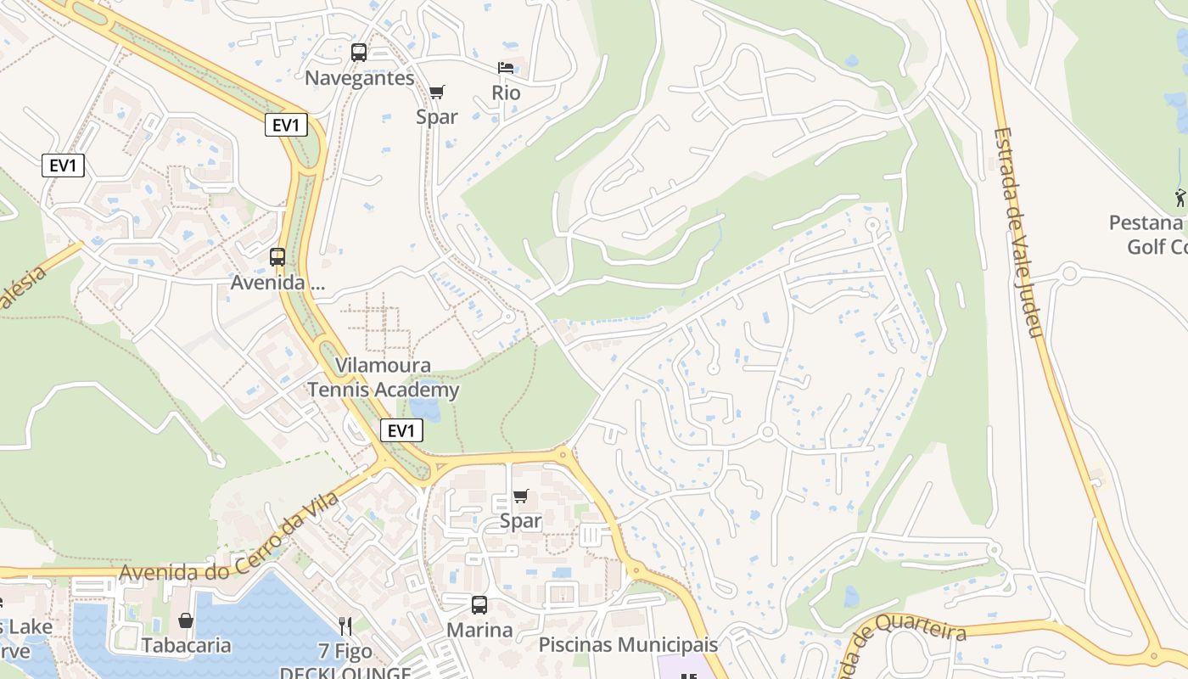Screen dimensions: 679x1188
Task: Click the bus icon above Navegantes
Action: click(x=359, y=53)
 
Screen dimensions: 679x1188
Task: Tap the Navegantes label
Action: click(x=360, y=78)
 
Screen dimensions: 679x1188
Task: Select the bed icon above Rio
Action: click(x=506, y=68)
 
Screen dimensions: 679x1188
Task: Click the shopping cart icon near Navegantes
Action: click(x=437, y=92)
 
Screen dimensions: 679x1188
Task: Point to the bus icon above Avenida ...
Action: click(x=277, y=256)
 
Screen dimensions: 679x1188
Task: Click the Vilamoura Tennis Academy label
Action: click(x=383, y=378)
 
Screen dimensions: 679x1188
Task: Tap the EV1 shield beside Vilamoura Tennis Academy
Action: click(x=401, y=430)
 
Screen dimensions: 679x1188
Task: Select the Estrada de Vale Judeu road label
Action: click(x=1018, y=232)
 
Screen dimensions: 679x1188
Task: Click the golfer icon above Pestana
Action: click(x=1180, y=198)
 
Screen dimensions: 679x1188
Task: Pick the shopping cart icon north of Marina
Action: click(x=521, y=496)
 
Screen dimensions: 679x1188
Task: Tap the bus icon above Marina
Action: click(x=479, y=605)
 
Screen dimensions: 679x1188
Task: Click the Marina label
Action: click(x=479, y=631)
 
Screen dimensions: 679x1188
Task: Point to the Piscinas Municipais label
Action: click(x=628, y=645)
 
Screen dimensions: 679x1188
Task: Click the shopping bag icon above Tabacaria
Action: click(x=186, y=620)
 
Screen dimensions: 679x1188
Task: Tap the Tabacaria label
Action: click(x=186, y=645)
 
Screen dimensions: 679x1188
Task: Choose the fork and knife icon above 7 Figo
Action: click(x=345, y=626)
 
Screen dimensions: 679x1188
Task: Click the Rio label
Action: click(x=506, y=93)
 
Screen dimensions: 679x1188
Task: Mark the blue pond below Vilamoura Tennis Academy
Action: click(x=427, y=410)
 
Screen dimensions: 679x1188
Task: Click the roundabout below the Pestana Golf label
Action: click(x=1069, y=273)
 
